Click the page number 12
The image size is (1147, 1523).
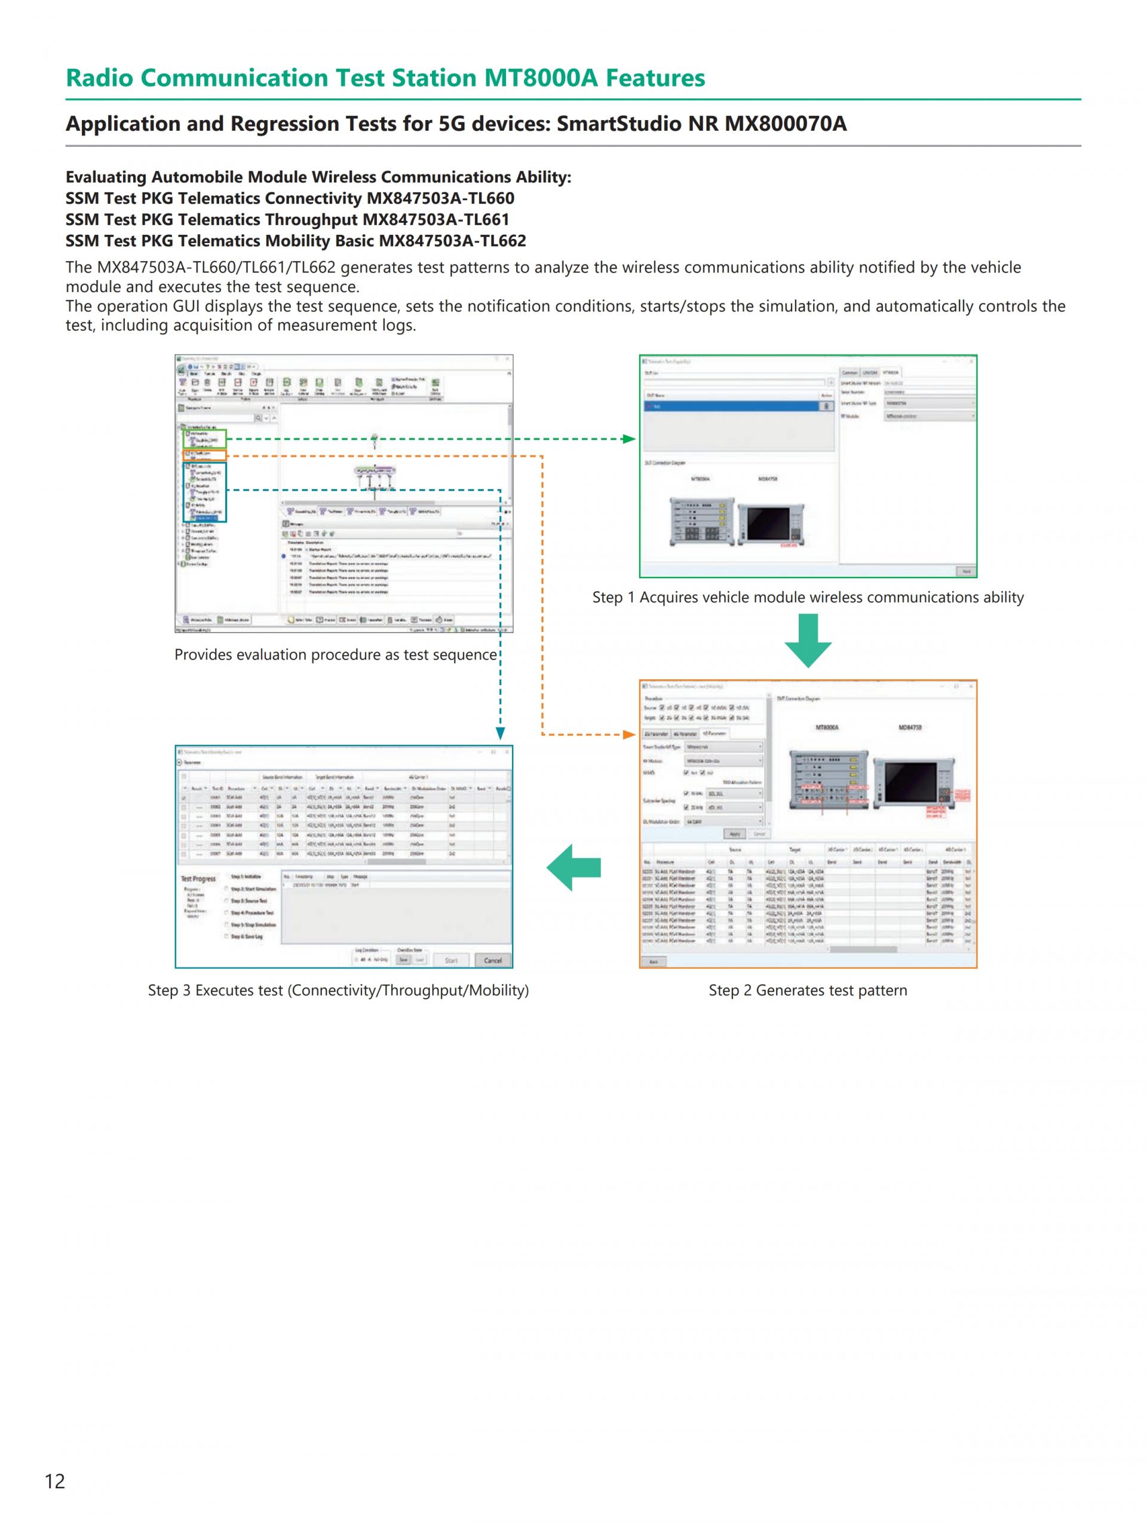click(54, 1481)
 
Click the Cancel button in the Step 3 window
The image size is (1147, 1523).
click(492, 960)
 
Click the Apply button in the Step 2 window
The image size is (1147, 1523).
click(735, 834)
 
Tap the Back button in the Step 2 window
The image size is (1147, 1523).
click(654, 962)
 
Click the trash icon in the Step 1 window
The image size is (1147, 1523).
click(826, 406)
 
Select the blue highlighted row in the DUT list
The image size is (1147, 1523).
click(730, 406)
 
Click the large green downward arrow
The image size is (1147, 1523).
click(808, 640)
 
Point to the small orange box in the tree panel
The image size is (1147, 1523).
click(204, 455)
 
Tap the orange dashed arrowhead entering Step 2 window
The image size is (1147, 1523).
click(628, 735)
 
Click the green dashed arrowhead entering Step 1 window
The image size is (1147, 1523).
click(628, 438)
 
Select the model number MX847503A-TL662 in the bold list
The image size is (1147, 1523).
click(452, 241)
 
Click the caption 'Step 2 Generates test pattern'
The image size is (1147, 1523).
click(808, 990)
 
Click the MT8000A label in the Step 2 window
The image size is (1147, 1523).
click(826, 727)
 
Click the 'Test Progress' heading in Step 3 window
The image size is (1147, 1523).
click(198, 879)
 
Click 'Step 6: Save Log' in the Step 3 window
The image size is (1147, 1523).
click(247, 936)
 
